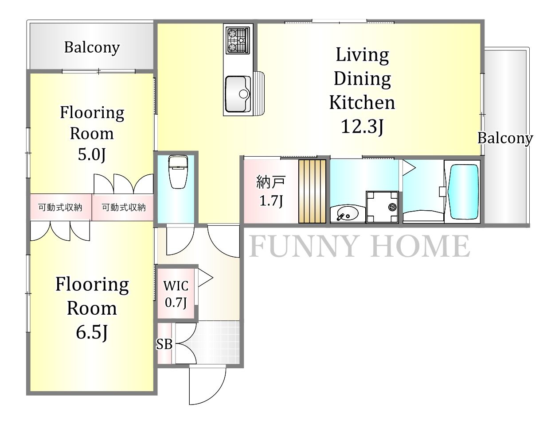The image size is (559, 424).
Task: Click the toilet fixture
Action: click(178, 172)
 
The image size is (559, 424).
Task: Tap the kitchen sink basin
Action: click(238, 94)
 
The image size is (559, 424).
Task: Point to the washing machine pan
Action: click(382, 207)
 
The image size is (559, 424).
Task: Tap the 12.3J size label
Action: click(362, 126)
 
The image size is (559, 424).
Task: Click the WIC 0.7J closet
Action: click(176, 292)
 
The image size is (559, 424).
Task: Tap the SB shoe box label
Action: click(164, 344)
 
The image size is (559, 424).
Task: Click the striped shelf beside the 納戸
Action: click(312, 191)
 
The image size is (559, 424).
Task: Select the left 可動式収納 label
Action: click(60, 208)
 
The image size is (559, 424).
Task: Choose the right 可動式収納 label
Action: click(124, 208)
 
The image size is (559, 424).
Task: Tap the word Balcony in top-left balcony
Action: click(92, 47)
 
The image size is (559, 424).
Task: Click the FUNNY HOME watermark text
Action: click(360, 246)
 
